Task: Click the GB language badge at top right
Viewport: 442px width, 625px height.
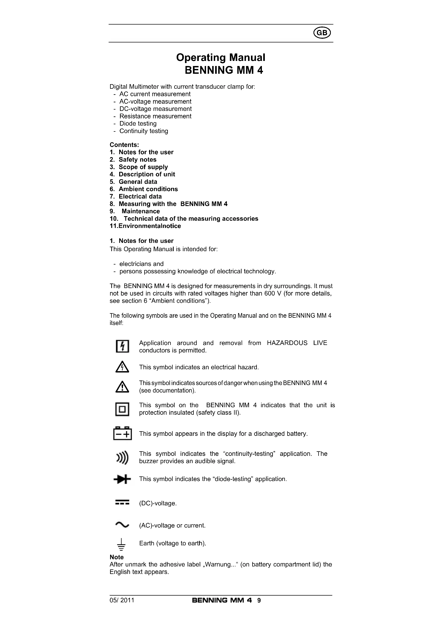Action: (322, 33)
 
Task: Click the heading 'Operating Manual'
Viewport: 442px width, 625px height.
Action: (220, 58)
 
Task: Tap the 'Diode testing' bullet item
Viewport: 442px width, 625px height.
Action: (138, 124)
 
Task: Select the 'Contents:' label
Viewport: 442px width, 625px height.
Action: (124, 145)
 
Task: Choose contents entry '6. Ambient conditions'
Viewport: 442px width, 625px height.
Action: (144, 189)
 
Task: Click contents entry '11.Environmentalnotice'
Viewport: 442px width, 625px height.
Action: (145, 226)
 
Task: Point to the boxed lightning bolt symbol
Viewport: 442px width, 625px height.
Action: (122, 346)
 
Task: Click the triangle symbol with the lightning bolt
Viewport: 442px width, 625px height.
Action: (122, 367)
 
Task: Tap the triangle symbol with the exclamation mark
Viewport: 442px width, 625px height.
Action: (122, 387)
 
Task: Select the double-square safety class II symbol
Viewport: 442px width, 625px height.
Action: (122, 409)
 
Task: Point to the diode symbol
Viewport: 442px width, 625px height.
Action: (122, 479)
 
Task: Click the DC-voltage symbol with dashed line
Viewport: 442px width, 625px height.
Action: (122, 503)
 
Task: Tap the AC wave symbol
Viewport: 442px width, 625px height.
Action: (122, 525)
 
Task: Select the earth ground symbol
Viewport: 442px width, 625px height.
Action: (122, 544)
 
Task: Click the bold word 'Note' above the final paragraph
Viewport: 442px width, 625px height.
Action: (117, 557)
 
